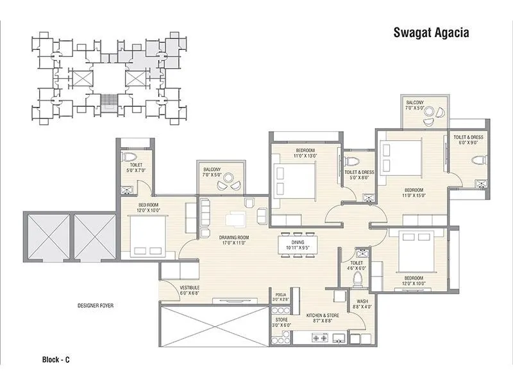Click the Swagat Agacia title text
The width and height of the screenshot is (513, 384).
[430, 33]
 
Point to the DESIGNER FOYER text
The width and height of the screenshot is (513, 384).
[95, 305]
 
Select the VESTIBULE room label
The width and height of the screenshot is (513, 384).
[190, 287]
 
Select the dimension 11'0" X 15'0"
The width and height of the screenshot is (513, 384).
[414, 196]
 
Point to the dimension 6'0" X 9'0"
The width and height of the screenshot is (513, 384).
[468, 143]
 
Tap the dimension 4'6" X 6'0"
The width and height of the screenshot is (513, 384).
[357, 269]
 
